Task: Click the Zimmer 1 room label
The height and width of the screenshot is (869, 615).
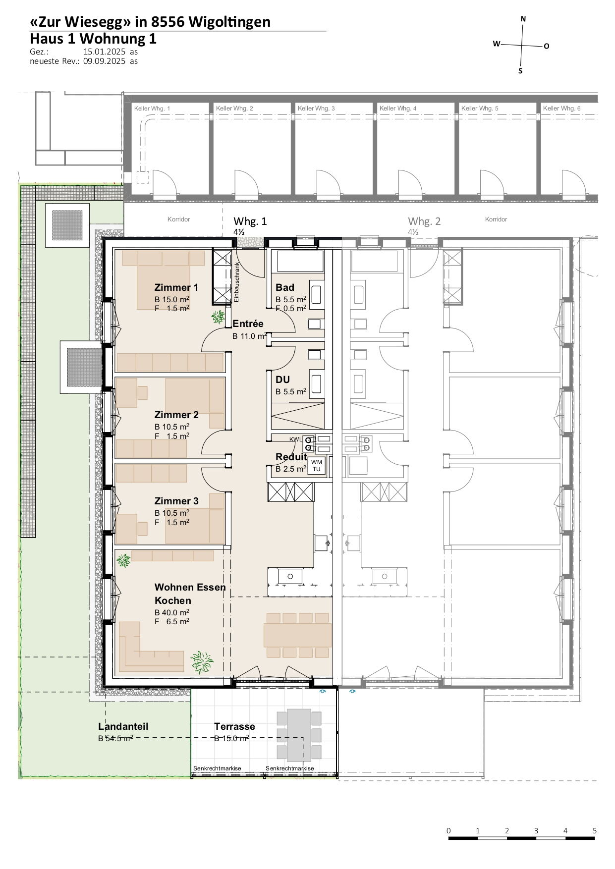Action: (176, 287)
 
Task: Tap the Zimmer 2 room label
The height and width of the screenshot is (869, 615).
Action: (176, 415)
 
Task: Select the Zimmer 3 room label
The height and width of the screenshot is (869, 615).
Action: (176, 501)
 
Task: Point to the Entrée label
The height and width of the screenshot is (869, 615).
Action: (248, 324)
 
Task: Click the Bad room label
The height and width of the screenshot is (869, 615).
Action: (285, 287)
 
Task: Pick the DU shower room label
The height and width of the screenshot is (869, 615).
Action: (282, 380)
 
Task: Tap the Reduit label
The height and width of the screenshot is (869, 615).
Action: (291, 457)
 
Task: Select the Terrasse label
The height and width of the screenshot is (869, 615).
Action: (234, 726)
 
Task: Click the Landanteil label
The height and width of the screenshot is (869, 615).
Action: (123, 726)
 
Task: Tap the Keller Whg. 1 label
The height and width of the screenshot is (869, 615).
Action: (152, 108)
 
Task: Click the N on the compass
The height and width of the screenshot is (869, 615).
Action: (523, 19)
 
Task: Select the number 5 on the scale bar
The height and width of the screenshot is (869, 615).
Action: (595, 831)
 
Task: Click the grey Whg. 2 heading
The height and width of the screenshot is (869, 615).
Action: (424, 221)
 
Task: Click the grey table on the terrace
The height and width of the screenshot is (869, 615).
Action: (299, 735)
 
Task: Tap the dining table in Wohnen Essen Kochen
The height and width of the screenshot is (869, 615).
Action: (297, 635)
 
